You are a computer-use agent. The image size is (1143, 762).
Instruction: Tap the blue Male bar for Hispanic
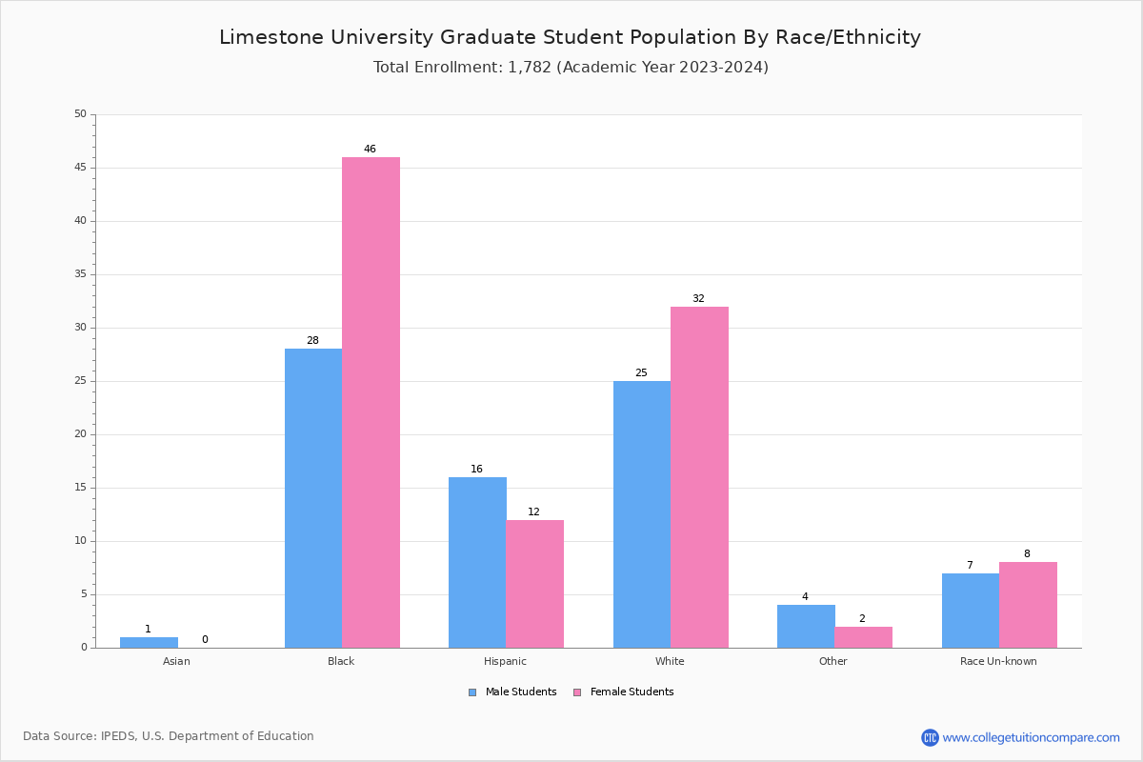click(x=477, y=562)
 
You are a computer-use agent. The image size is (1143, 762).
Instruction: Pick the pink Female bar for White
click(x=699, y=476)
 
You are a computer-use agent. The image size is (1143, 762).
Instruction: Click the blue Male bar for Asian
click(x=149, y=643)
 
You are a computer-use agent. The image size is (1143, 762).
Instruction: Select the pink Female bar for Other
click(x=863, y=637)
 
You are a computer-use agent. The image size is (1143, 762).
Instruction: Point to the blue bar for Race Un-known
click(x=971, y=611)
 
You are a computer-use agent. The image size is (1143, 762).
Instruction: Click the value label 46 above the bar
click(x=370, y=150)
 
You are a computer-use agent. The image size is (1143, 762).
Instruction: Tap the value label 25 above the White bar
click(x=641, y=373)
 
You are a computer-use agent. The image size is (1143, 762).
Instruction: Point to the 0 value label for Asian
click(x=205, y=640)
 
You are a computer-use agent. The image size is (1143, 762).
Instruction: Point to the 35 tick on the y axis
click(x=80, y=274)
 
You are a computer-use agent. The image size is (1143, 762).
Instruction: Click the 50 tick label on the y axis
click(x=80, y=114)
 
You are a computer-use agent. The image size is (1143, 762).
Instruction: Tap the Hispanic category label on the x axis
click(x=505, y=661)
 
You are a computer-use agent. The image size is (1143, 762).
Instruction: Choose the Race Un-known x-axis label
click(x=998, y=661)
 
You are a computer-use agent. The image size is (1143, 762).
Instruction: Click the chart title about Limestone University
click(x=570, y=37)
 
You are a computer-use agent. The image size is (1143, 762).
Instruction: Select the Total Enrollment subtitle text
click(x=571, y=68)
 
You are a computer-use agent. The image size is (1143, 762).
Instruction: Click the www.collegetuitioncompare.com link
click(x=1031, y=737)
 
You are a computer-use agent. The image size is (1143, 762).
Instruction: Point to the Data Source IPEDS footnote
click(x=169, y=736)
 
